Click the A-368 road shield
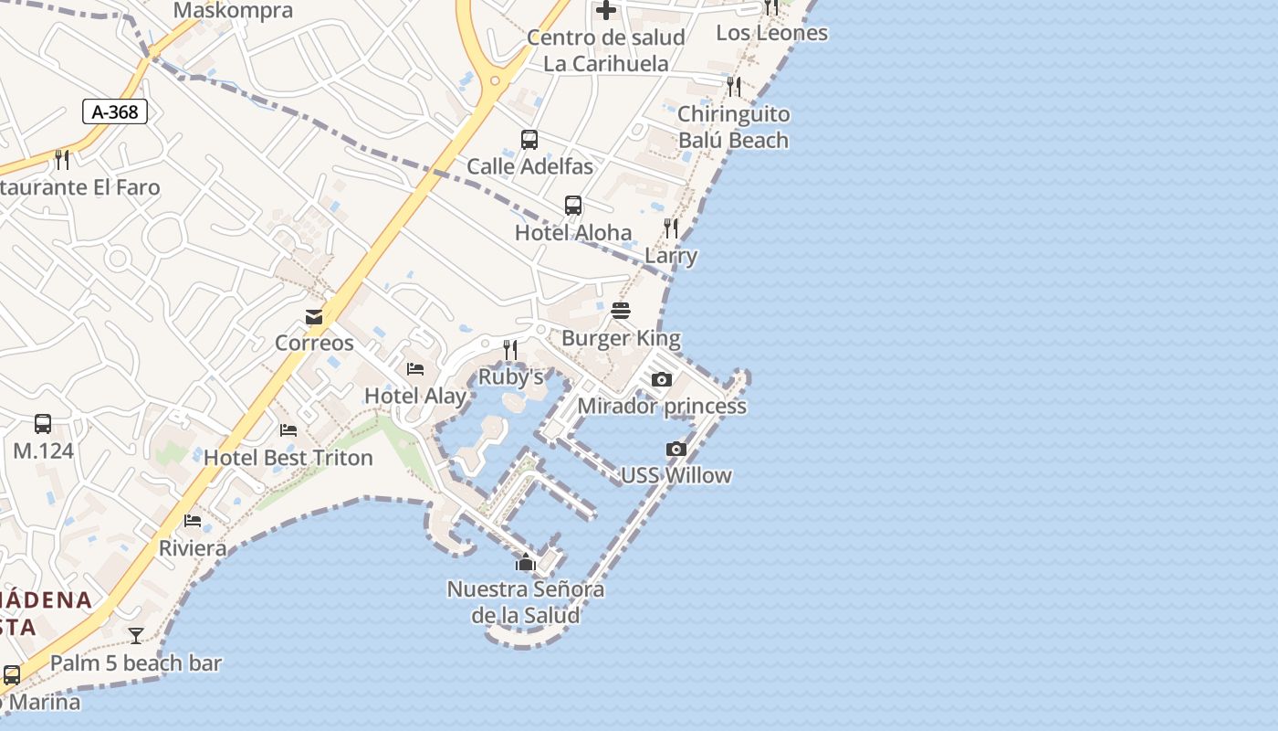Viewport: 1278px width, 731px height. click(x=115, y=111)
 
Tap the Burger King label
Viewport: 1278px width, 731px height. click(x=621, y=338)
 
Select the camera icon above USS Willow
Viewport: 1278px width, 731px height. click(x=676, y=449)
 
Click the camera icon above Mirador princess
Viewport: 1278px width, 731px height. click(x=662, y=379)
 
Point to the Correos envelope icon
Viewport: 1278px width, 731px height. click(x=314, y=317)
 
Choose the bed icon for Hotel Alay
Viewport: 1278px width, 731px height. click(x=415, y=369)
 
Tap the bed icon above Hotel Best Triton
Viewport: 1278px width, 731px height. click(x=288, y=429)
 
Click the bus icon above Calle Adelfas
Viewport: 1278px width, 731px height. click(x=529, y=140)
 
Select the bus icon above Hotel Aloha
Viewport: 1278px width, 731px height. click(x=573, y=206)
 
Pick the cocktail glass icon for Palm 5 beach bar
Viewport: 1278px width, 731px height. click(x=136, y=636)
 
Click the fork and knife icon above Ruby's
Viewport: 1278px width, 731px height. click(x=510, y=349)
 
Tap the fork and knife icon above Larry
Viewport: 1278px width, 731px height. click(x=671, y=228)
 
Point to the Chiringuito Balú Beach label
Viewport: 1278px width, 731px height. click(x=733, y=127)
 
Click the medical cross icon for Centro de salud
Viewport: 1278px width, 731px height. click(x=606, y=11)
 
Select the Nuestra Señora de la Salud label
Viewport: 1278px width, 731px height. click(x=525, y=602)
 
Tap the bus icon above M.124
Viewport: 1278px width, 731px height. click(x=43, y=424)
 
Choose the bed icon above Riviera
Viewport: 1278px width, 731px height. click(x=193, y=521)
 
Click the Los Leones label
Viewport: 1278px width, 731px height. click(x=771, y=33)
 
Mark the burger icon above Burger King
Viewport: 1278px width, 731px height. click(x=621, y=311)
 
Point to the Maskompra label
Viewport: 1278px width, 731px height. click(x=233, y=11)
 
